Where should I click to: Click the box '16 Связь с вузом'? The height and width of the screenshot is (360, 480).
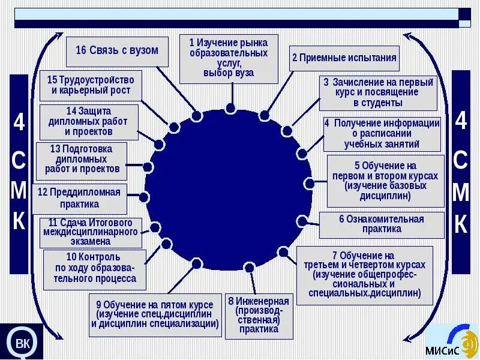[117, 50]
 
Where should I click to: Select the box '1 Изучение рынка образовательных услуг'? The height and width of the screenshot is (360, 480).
[229, 58]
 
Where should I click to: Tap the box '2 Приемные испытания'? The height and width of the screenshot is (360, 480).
[344, 58]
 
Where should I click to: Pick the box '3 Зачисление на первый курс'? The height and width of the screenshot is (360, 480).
[377, 93]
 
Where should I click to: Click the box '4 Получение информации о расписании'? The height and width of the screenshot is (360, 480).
[382, 134]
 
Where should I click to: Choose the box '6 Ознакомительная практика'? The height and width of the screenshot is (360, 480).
[382, 224]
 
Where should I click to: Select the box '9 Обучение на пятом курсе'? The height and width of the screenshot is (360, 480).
[155, 314]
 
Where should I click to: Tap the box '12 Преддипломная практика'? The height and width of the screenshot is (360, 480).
[79, 198]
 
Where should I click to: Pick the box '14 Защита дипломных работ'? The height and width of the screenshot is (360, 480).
[89, 122]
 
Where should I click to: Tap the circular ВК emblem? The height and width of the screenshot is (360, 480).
[22, 343]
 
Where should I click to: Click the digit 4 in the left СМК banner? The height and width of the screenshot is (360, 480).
[19, 123]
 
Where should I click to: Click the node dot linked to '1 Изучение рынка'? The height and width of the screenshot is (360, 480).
[230, 108]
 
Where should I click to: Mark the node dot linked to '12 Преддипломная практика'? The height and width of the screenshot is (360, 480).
[144, 197]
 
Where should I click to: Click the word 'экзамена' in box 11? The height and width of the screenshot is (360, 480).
[90, 242]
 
